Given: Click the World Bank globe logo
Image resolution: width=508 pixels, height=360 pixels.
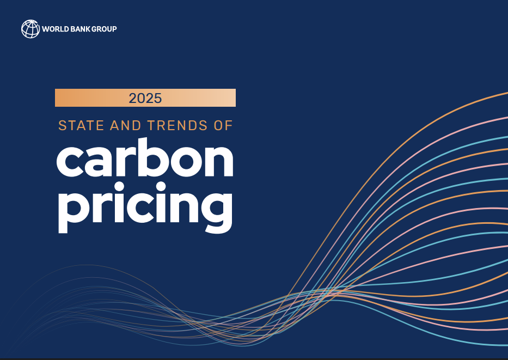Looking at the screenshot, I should [30, 29].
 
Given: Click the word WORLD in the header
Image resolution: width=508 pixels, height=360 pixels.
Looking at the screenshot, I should [54, 29].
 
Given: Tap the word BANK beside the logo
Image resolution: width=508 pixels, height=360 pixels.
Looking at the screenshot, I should [78, 29].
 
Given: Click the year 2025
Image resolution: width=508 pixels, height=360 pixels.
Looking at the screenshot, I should [145, 98].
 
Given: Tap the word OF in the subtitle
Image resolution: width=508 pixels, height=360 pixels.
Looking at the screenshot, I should [224, 126].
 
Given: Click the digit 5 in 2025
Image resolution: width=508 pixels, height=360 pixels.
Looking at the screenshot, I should [157, 98].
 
